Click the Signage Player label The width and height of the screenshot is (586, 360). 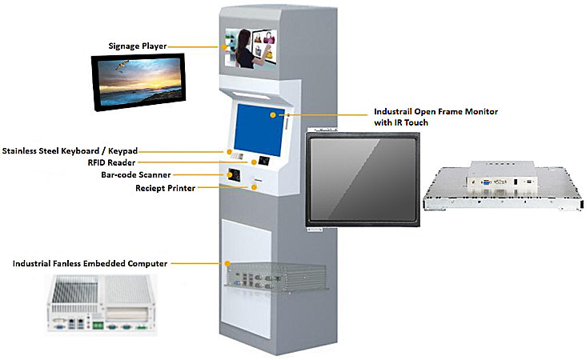click(138, 46)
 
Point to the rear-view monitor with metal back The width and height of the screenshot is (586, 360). click(496, 186)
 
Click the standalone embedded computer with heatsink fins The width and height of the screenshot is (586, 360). click(102, 305)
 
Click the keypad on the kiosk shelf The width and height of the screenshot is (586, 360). click(232, 151)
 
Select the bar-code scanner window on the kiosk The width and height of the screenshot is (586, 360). click(235, 174)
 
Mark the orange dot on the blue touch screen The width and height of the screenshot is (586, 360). click(272, 114)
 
